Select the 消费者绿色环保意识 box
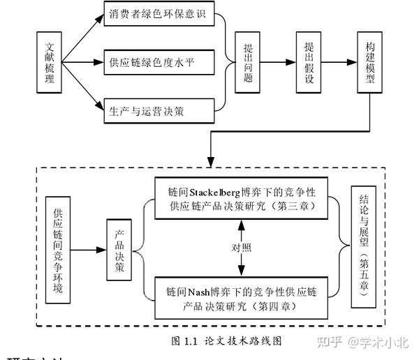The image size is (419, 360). coord(158,15)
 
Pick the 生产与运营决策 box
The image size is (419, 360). coord(158,110)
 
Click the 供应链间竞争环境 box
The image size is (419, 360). coord(58,250)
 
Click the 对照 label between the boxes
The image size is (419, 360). coord(241,248)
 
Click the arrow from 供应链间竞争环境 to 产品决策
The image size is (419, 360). coord(90,250)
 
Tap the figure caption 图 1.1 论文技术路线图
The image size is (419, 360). coord(227,341)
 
